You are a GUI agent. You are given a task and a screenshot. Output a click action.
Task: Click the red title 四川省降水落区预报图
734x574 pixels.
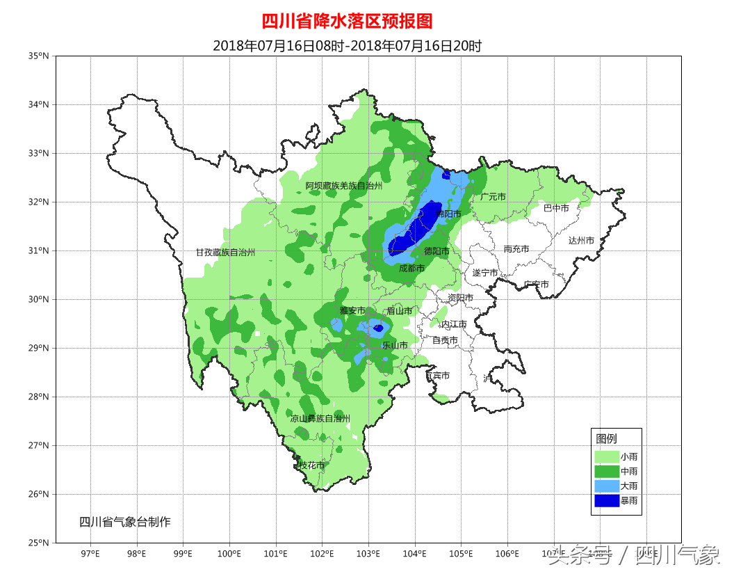pyautogui.click(x=347, y=22)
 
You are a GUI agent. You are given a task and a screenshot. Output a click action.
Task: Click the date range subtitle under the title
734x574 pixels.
pyautogui.click(x=347, y=46)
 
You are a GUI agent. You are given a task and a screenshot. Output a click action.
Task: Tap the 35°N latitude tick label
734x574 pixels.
pyautogui.click(x=40, y=56)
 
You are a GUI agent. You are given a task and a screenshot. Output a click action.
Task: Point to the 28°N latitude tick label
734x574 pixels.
pyautogui.click(x=40, y=397)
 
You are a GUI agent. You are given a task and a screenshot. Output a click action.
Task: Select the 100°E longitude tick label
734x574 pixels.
pyautogui.click(x=229, y=554)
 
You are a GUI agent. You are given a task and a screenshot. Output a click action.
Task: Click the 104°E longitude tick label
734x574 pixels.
pyautogui.click(x=415, y=554)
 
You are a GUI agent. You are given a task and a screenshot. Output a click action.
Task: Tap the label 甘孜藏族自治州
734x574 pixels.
pyautogui.click(x=225, y=253)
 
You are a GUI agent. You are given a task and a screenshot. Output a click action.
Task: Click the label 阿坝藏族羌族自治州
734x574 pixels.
pyautogui.click(x=344, y=186)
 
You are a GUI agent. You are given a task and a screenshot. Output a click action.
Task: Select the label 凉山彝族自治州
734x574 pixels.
pyautogui.click(x=320, y=418)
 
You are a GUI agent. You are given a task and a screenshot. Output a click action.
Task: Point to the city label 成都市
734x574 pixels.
pyautogui.click(x=411, y=268)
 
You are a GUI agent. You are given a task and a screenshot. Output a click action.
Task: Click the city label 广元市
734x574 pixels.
pyautogui.click(x=493, y=197)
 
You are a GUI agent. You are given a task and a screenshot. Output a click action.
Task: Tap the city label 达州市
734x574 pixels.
pyautogui.click(x=581, y=240)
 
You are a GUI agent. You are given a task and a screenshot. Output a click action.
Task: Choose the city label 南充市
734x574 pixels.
pyautogui.click(x=516, y=248)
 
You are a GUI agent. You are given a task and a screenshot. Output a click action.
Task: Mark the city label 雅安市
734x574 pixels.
pyautogui.click(x=352, y=310)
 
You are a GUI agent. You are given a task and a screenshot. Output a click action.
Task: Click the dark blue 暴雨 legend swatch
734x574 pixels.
pyautogui.click(x=606, y=500)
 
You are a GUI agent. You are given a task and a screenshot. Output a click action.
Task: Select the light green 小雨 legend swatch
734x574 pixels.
pyautogui.click(x=606, y=456)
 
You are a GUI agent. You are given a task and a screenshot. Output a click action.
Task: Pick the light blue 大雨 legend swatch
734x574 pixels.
pyautogui.click(x=606, y=486)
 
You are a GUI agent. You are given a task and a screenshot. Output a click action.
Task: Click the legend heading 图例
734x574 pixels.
pyautogui.click(x=606, y=438)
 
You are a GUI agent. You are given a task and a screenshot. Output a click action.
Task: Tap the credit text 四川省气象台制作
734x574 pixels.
pyautogui.click(x=124, y=522)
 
